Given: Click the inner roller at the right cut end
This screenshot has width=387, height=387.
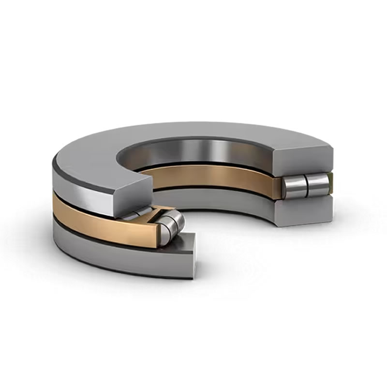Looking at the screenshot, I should click(294, 186).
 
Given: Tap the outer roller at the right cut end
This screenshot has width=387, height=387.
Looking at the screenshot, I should click(317, 184).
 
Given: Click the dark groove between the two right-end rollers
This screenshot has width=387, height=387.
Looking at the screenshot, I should click(305, 186).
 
